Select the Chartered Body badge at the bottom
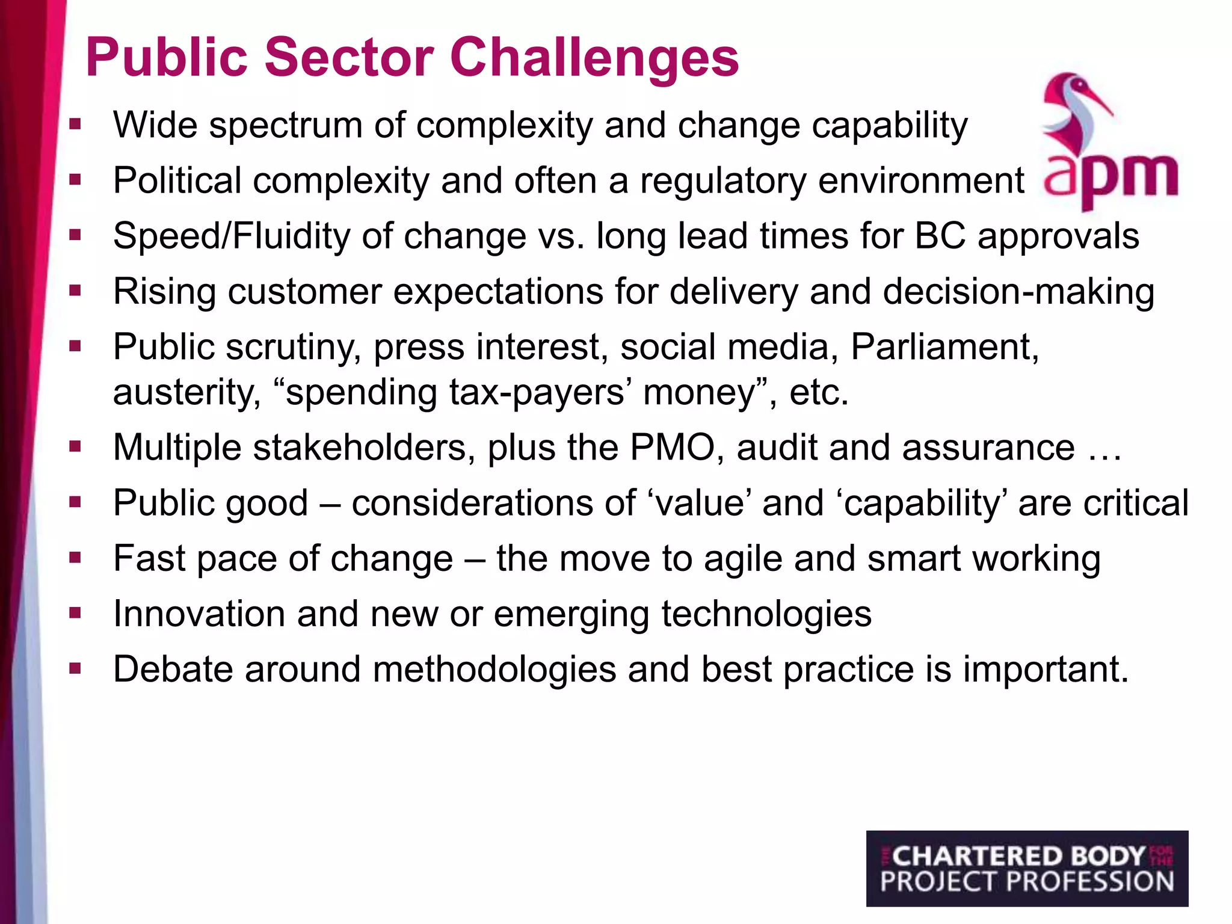click(x=1027, y=868)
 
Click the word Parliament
click(x=944, y=347)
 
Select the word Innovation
click(x=199, y=614)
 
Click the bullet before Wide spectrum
click(x=75, y=125)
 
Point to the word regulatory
click(x=722, y=180)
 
